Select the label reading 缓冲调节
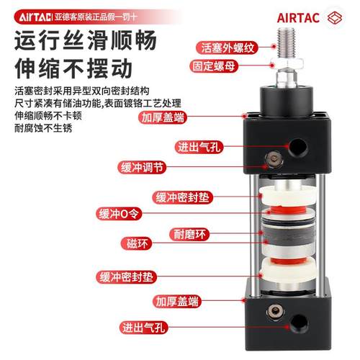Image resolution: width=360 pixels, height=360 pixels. click(144, 168)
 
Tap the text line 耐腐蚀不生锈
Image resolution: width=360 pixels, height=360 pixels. click(45, 130)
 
